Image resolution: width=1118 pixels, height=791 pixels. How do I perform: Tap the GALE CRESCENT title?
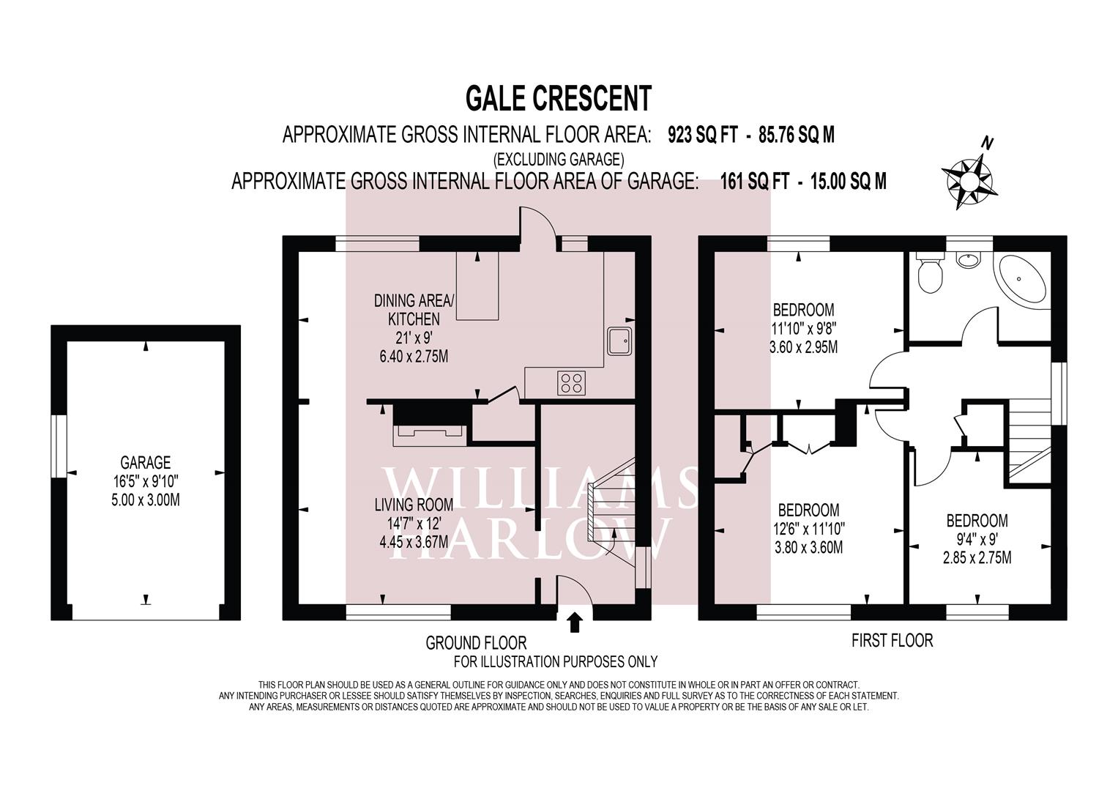tap(558, 97)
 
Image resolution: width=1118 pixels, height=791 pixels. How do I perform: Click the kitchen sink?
tap(619, 341)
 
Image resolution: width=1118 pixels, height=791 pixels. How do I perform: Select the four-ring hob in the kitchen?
tap(572, 383)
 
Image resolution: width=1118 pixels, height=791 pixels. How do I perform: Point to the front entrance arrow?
tap(575, 623)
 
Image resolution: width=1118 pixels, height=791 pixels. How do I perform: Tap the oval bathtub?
tap(1023, 278)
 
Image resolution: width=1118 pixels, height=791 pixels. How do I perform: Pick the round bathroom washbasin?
tap(969, 259)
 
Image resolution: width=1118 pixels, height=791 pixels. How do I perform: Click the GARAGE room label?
tap(146, 463)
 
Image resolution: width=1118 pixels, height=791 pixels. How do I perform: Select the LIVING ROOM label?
tap(414, 505)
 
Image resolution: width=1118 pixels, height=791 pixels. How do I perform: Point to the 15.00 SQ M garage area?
tap(849, 181)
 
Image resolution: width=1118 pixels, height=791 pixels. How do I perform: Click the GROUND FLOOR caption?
tap(476, 643)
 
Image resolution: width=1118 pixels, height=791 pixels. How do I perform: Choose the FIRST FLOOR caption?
tap(892, 641)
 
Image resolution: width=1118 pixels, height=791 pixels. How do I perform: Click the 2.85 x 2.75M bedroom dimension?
tap(977, 557)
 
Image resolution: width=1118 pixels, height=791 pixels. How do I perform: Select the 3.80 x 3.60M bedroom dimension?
tap(808, 547)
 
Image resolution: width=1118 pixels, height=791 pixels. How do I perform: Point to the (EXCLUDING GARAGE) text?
tap(558, 158)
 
